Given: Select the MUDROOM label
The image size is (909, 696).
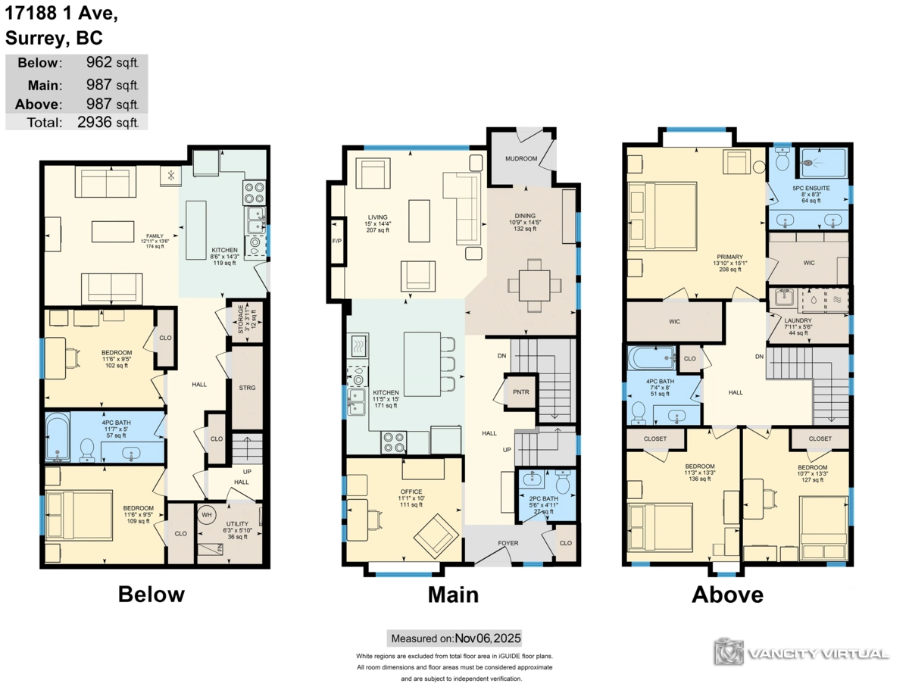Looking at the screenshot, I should click(x=521, y=159).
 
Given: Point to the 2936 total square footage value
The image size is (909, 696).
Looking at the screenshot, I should click(x=94, y=121).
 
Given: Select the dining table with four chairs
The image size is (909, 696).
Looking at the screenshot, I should click(x=535, y=286).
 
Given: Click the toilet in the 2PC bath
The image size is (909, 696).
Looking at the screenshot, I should click(x=563, y=482).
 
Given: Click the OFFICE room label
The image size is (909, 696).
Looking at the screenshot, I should click(x=411, y=492).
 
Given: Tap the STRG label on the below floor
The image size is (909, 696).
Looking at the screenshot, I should click(x=247, y=388).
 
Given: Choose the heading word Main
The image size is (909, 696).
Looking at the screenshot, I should click(x=453, y=595).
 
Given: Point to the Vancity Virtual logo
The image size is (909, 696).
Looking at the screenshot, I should click(x=801, y=652).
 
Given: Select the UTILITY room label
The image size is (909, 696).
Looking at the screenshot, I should click(x=237, y=524).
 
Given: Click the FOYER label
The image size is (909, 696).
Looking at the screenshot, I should click(x=508, y=544).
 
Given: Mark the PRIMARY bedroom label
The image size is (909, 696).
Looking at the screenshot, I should click(x=730, y=257).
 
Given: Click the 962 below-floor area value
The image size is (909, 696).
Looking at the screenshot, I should click(x=99, y=63).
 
